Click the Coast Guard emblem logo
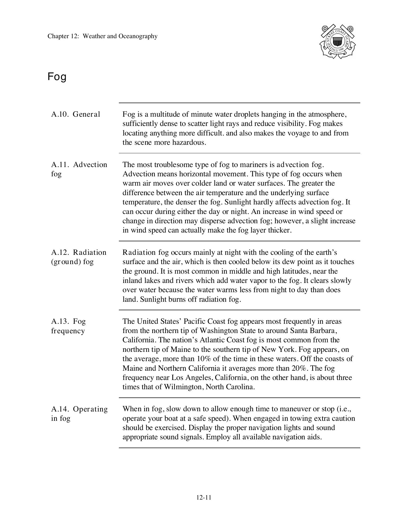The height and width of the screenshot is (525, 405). click(x=337, y=41)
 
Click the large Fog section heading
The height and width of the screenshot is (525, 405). click(x=57, y=77)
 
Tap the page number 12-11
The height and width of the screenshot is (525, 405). click(x=204, y=497)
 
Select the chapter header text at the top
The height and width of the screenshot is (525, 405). click(x=102, y=36)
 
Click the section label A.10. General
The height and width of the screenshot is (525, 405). click(x=76, y=114)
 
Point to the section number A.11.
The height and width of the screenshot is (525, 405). click(x=60, y=165)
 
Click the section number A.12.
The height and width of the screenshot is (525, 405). click(x=60, y=252)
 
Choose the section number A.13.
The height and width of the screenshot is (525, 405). click(x=60, y=321)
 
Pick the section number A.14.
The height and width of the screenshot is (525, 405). click(x=60, y=409)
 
